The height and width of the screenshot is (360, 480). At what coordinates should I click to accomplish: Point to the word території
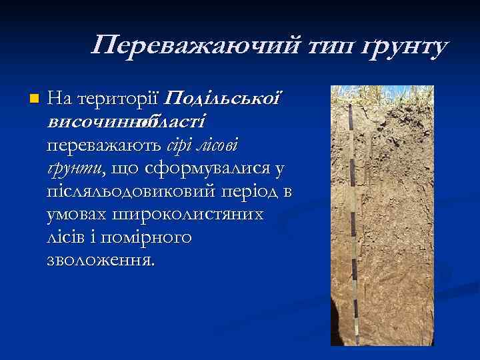117,100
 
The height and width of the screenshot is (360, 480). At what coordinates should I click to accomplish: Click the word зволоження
101,259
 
